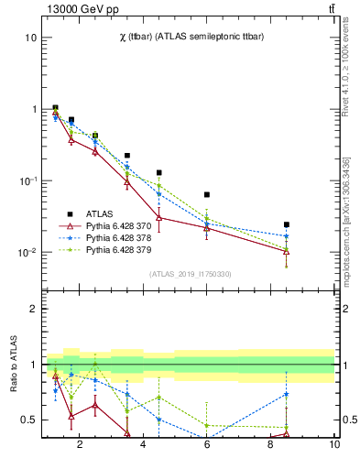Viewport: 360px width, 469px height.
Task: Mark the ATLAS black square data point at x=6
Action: coord(207,194)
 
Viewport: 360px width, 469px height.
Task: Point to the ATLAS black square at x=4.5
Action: coord(159,172)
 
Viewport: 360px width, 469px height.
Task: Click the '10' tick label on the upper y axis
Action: coord(31,38)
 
